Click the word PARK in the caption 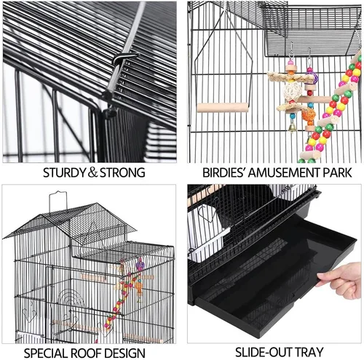[338, 173]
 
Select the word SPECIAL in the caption [48, 352]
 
